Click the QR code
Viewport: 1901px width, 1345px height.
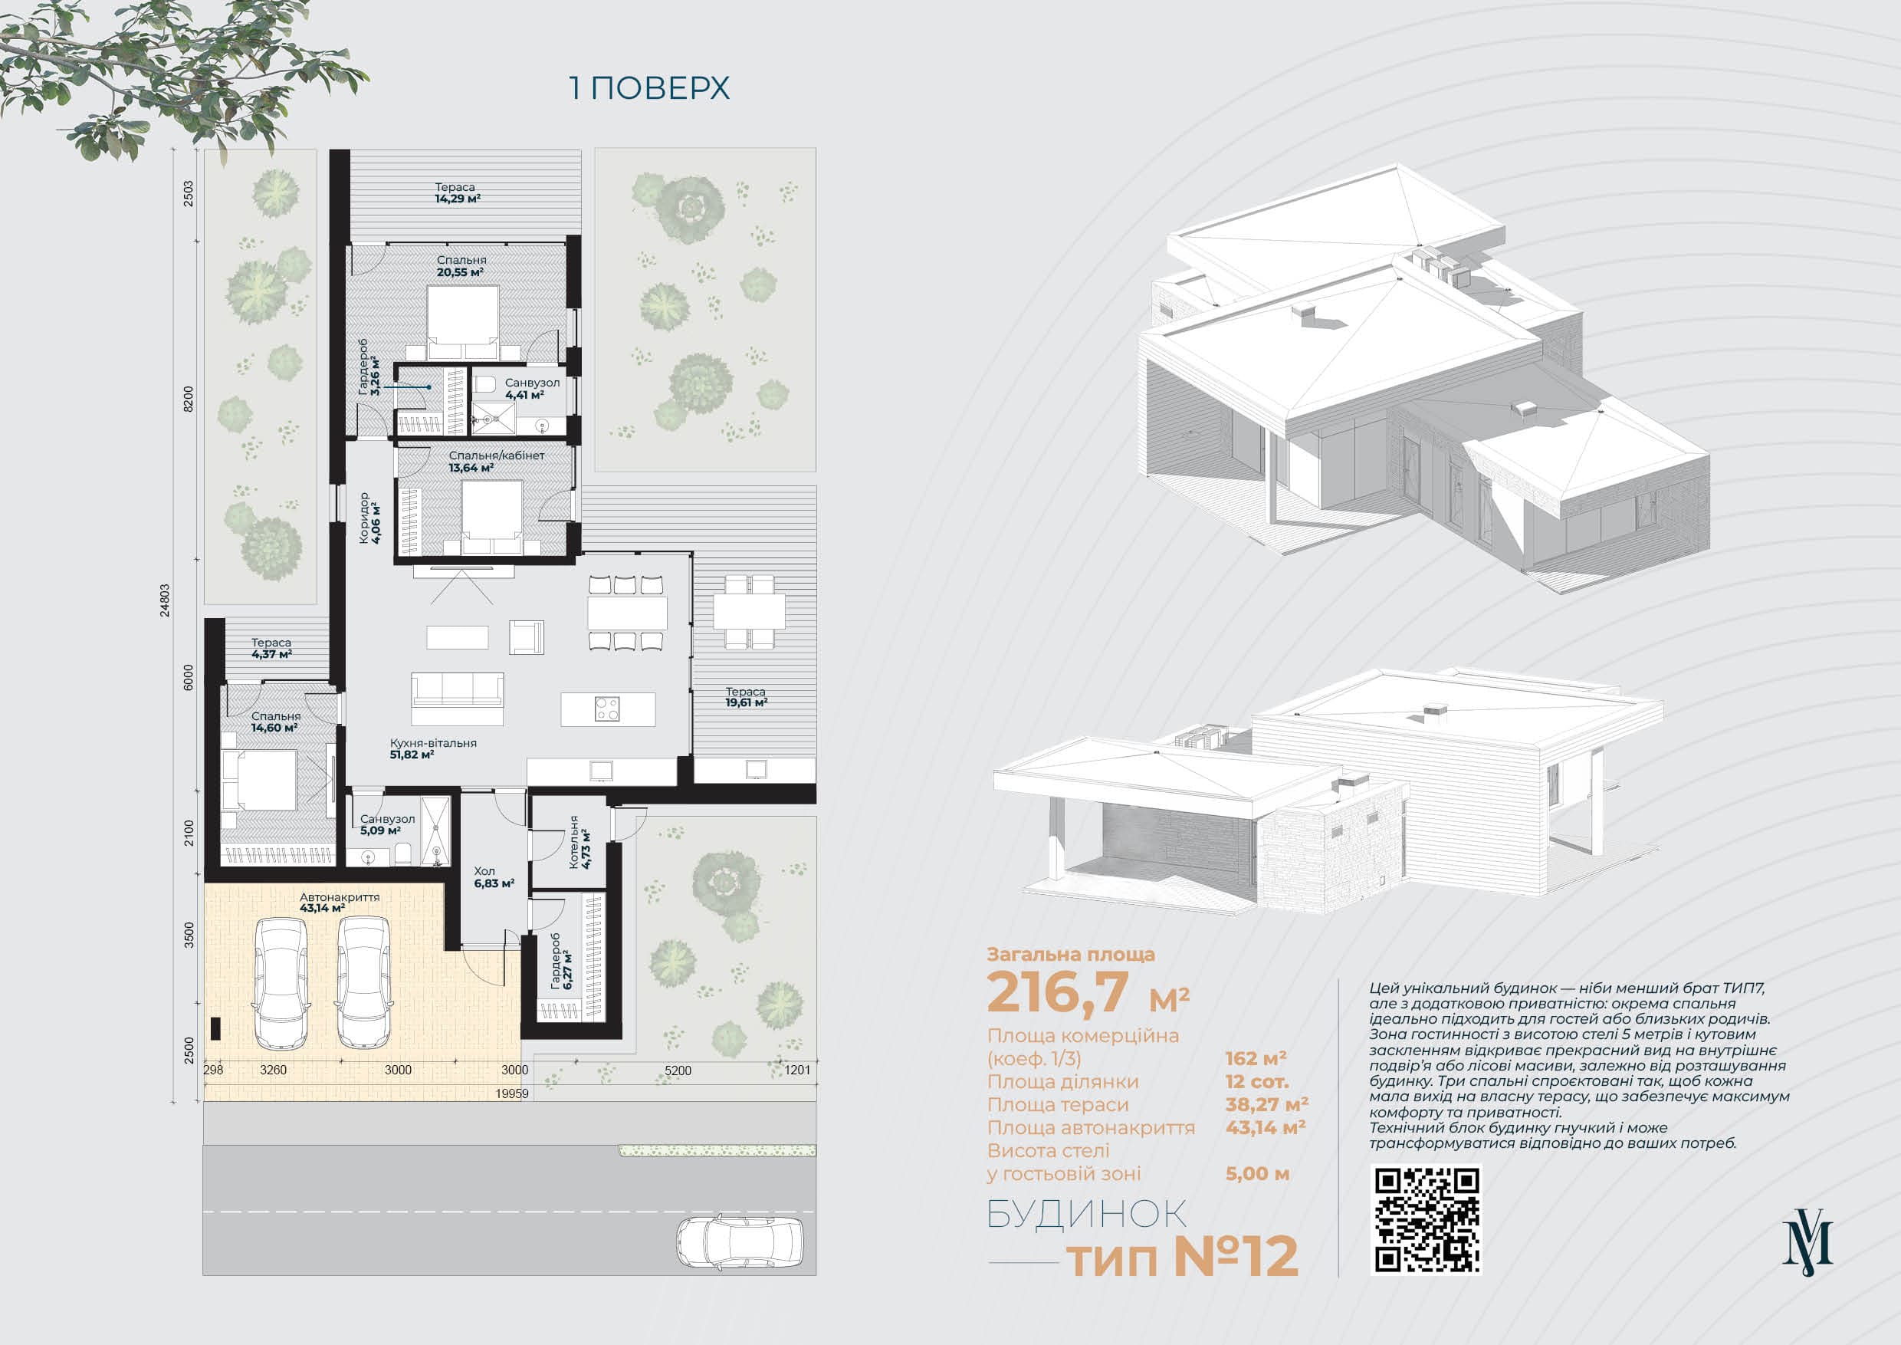(x=1427, y=1219)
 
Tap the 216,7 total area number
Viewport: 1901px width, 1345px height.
(x=1058, y=991)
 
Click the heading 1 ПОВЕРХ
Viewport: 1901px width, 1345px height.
(x=650, y=87)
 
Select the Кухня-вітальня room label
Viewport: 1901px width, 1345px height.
(x=433, y=743)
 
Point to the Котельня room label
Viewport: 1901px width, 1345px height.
(x=574, y=842)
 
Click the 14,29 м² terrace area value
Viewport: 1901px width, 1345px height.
(x=458, y=199)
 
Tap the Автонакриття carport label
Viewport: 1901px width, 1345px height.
(x=340, y=897)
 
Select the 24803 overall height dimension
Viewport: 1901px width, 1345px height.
(x=165, y=600)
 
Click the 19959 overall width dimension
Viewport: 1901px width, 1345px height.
(x=512, y=1093)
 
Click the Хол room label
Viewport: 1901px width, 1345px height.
(x=484, y=870)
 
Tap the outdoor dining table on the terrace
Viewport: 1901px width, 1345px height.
(x=750, y=611)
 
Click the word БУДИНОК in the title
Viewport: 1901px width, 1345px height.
(x=1086, y=1214)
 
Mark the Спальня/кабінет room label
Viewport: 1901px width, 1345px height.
(x=497, y=455)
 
